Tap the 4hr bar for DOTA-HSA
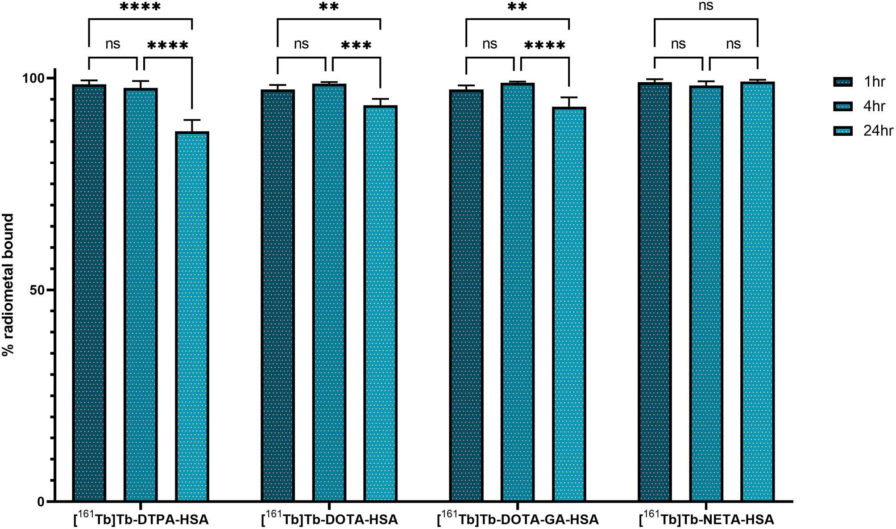[329, 293]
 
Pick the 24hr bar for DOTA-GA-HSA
[569, 304]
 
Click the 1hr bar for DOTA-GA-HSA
[466, 295]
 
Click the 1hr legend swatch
[842, 82]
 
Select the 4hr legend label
[874, 106]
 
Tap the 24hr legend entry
[878, 131]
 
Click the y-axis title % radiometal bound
[8, 285]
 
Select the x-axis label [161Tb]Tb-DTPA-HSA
[141, 519]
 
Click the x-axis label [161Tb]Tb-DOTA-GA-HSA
[518, 519]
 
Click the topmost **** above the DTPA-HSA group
[140, 7]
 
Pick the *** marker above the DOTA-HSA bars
[356, 46]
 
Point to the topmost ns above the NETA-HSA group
[706, 6]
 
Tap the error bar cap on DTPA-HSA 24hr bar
[192, 120]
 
